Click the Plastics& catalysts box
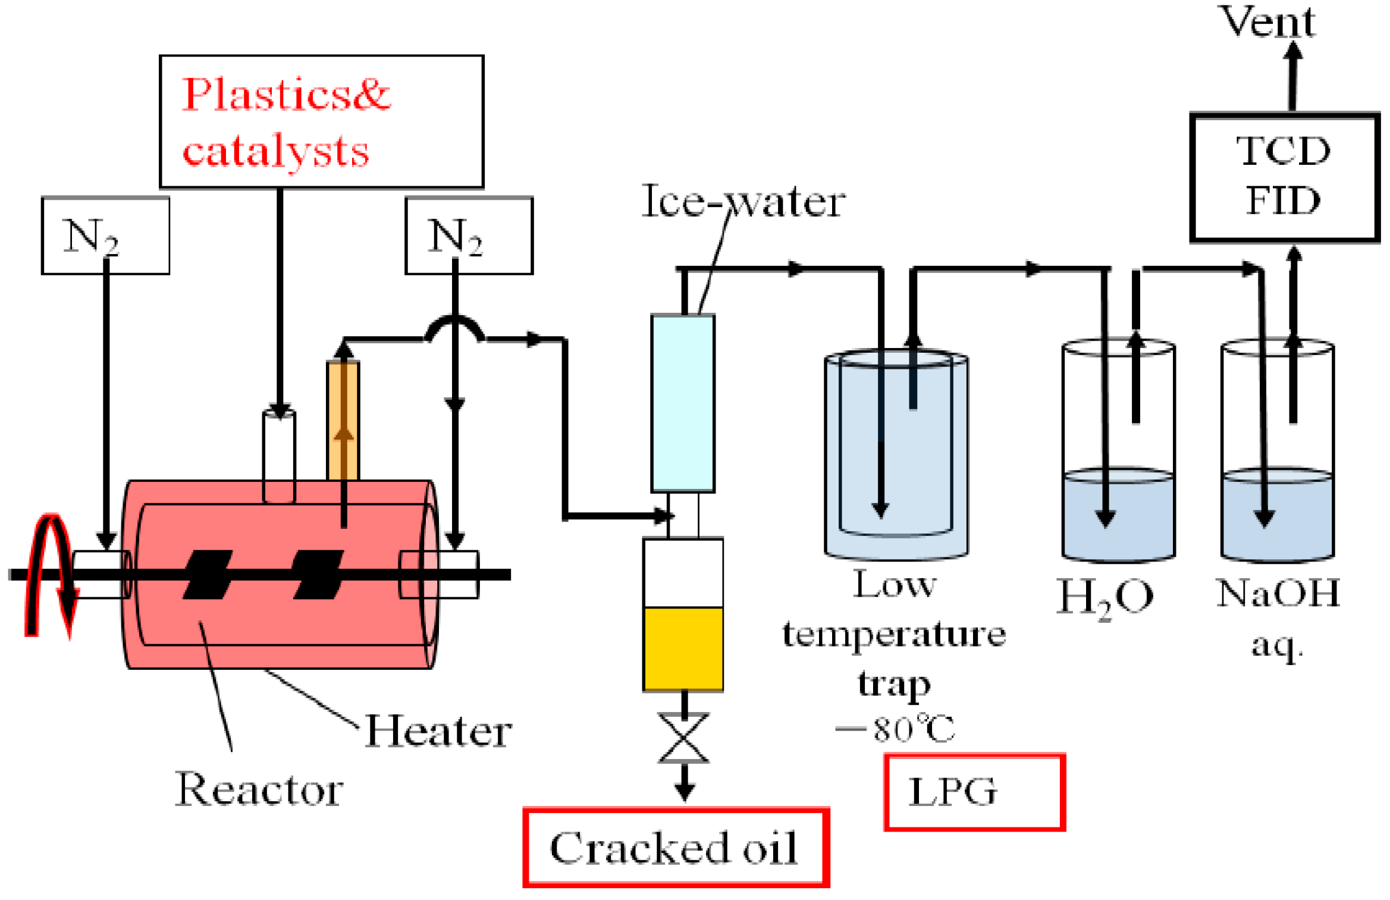click(x=321, y=121)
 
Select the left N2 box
click(x=105, y=236)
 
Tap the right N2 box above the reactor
click(x=469, y=236)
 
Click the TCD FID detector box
click(x=1284, y=177)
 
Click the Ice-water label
click(x=743, y=202)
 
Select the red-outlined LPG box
click(x=974, y=792)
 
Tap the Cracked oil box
click(x=676, y=847)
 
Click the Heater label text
click(x=438, y=731)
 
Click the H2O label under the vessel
click(x=1105, y=597)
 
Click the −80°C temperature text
click(x=895, y=729)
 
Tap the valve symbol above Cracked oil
click(x=684, y=738)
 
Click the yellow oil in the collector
click(x=683, y=648)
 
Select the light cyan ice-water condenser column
click(x=683, y=403)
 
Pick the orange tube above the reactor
click(x=343, y=419)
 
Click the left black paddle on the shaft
click(x=207, y=574)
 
